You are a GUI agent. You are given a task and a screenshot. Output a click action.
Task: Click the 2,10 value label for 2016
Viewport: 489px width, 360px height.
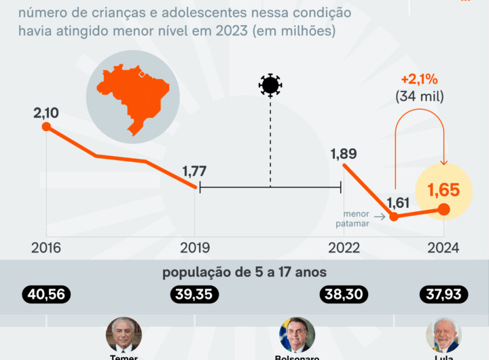tap(46, 111)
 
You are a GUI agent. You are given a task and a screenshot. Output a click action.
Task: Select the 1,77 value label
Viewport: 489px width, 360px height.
tap(194, 171)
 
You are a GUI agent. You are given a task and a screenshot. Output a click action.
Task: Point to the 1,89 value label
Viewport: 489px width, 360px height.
tap(344, 154)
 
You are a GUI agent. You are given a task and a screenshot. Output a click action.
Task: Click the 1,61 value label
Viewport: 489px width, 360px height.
tap(399, 202)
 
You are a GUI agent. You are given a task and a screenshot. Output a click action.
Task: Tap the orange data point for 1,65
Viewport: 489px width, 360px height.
tap(443, 209)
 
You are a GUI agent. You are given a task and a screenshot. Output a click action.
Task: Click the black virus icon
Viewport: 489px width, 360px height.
tap(270, 85)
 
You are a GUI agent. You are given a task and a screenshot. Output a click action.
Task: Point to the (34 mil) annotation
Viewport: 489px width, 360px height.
tap(419, 97)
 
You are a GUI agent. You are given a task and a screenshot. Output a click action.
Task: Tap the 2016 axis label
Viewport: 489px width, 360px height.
tap(46, 248)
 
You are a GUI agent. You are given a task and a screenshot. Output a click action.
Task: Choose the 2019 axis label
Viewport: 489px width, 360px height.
tap(195, 248)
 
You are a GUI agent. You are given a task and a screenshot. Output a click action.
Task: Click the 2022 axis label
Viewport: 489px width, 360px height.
tap(344, 248)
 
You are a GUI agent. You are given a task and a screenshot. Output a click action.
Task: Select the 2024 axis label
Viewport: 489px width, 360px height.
tap(443, 248)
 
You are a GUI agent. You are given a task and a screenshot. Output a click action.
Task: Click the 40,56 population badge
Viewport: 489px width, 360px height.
tap(46, 294)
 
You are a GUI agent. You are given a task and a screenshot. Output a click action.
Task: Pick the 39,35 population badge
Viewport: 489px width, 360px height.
tap(194, 294)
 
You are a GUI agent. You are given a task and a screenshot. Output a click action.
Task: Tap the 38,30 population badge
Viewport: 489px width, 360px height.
tap(344, 294)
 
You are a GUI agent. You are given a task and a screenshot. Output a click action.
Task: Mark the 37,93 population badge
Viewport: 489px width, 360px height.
tap(443, 294)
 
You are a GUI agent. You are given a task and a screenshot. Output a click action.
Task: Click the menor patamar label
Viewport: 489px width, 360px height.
tap(356, 217)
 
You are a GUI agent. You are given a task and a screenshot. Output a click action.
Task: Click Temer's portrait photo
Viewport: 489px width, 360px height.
tap(124, 335)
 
